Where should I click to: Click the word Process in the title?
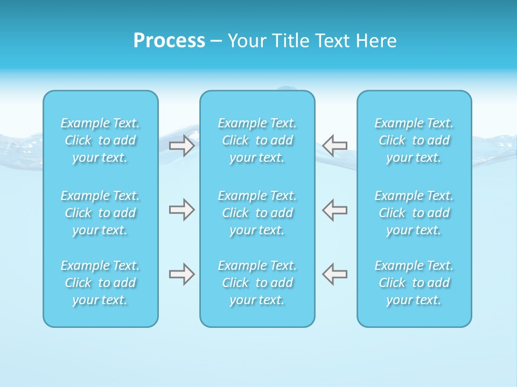point(169,41)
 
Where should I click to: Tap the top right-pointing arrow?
point(182,145)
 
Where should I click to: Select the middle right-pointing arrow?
point(182,210)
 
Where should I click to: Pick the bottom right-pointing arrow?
point(182,274)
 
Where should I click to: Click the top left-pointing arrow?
point(335,145)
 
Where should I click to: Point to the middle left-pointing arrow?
point(335,210)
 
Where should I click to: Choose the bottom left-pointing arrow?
point(335,274)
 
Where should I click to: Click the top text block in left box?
point(100,140)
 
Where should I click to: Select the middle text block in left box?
point(100,213)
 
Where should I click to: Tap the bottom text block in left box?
point(100,283)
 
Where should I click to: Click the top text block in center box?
point(257,140)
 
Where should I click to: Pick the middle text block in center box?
point(257,213)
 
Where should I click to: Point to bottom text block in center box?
point(257,283)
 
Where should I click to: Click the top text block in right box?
point(414,140)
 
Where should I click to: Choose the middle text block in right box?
point(414,213)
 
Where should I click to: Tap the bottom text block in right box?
point(414,283)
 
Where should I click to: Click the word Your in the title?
point(246,41)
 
